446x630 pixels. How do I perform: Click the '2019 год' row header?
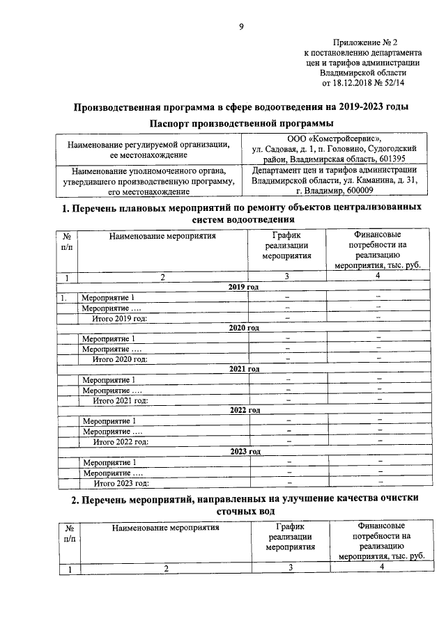tap(244, 287)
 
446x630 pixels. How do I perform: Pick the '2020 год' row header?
tap(244, 328)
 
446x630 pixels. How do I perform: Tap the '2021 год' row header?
tap(244, 369)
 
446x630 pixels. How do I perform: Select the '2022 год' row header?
tap(244, 410)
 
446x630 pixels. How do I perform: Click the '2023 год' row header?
tap(244, 451)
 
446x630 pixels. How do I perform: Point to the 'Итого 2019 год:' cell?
tap(121, 318)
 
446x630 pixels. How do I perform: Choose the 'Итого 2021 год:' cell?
tap(121, 400)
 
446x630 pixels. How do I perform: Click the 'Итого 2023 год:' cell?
tap(121, 482)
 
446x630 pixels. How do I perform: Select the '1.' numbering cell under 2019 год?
tap(63, 298)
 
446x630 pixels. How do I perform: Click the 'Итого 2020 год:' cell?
tap(121, 359)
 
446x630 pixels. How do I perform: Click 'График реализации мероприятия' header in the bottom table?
tap(290, 537)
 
